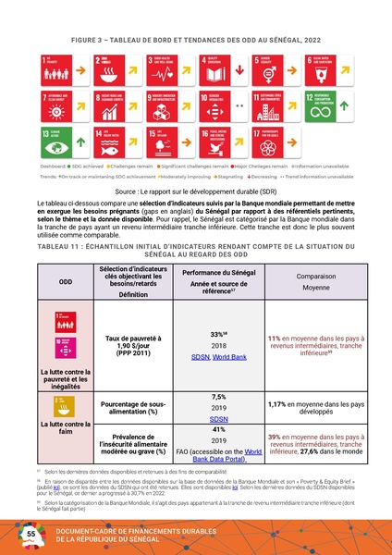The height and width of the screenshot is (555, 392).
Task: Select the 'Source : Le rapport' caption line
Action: (195, 188)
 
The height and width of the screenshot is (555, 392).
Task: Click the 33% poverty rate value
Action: (219, 307)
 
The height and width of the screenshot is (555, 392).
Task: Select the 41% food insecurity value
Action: (219, 429)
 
